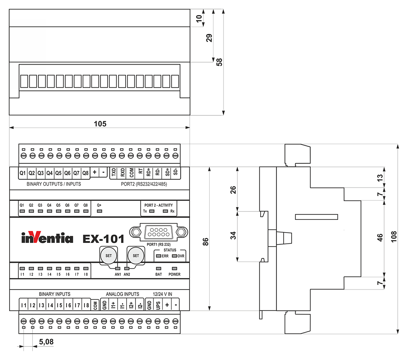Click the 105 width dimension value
(100, 123)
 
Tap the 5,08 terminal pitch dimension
(46, 342)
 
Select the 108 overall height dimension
(394, 237)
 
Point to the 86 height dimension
(206, 242)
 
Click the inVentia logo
(47, 237)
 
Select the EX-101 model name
(104, 239)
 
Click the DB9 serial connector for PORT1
(159, 232)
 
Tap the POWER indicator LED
(175, 268)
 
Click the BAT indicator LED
(159, 268)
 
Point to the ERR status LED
(159, 256)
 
